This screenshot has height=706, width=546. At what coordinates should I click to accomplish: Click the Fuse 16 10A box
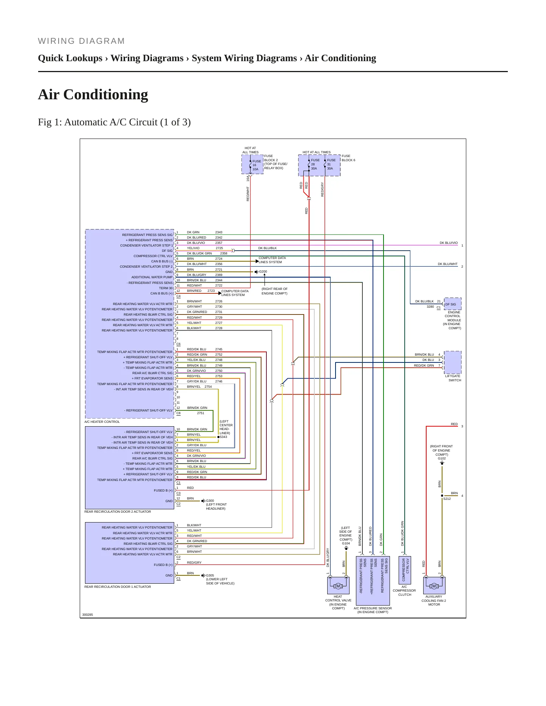coord(252,165)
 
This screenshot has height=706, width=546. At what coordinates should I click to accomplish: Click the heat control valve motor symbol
coord(338,586)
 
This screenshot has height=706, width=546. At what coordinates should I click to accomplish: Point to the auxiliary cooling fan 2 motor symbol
coord(434,586)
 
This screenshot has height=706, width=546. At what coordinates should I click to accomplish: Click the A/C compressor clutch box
coord(405,570)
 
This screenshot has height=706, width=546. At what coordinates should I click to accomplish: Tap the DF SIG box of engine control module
coord(453,304)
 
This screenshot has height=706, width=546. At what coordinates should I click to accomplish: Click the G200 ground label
coord(263,271)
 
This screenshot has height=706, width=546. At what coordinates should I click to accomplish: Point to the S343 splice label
coord(223,437)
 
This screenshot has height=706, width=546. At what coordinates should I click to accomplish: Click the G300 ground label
coord(210,501)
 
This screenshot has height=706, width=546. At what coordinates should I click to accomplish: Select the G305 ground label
coord(210,575)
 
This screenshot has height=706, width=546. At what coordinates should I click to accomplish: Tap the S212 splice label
coord(447,499)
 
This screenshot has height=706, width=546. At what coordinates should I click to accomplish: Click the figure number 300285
coord(88,615)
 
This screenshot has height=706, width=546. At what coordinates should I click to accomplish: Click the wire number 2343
coord(219,232)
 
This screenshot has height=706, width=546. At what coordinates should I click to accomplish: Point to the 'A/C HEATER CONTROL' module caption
coord(102,422)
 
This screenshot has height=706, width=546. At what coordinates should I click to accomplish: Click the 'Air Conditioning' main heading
coord(93,94)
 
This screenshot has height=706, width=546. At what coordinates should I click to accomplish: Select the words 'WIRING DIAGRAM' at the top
coord(81,41)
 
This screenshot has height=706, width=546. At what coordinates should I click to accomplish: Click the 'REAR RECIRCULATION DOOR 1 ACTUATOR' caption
coord(118,587)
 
